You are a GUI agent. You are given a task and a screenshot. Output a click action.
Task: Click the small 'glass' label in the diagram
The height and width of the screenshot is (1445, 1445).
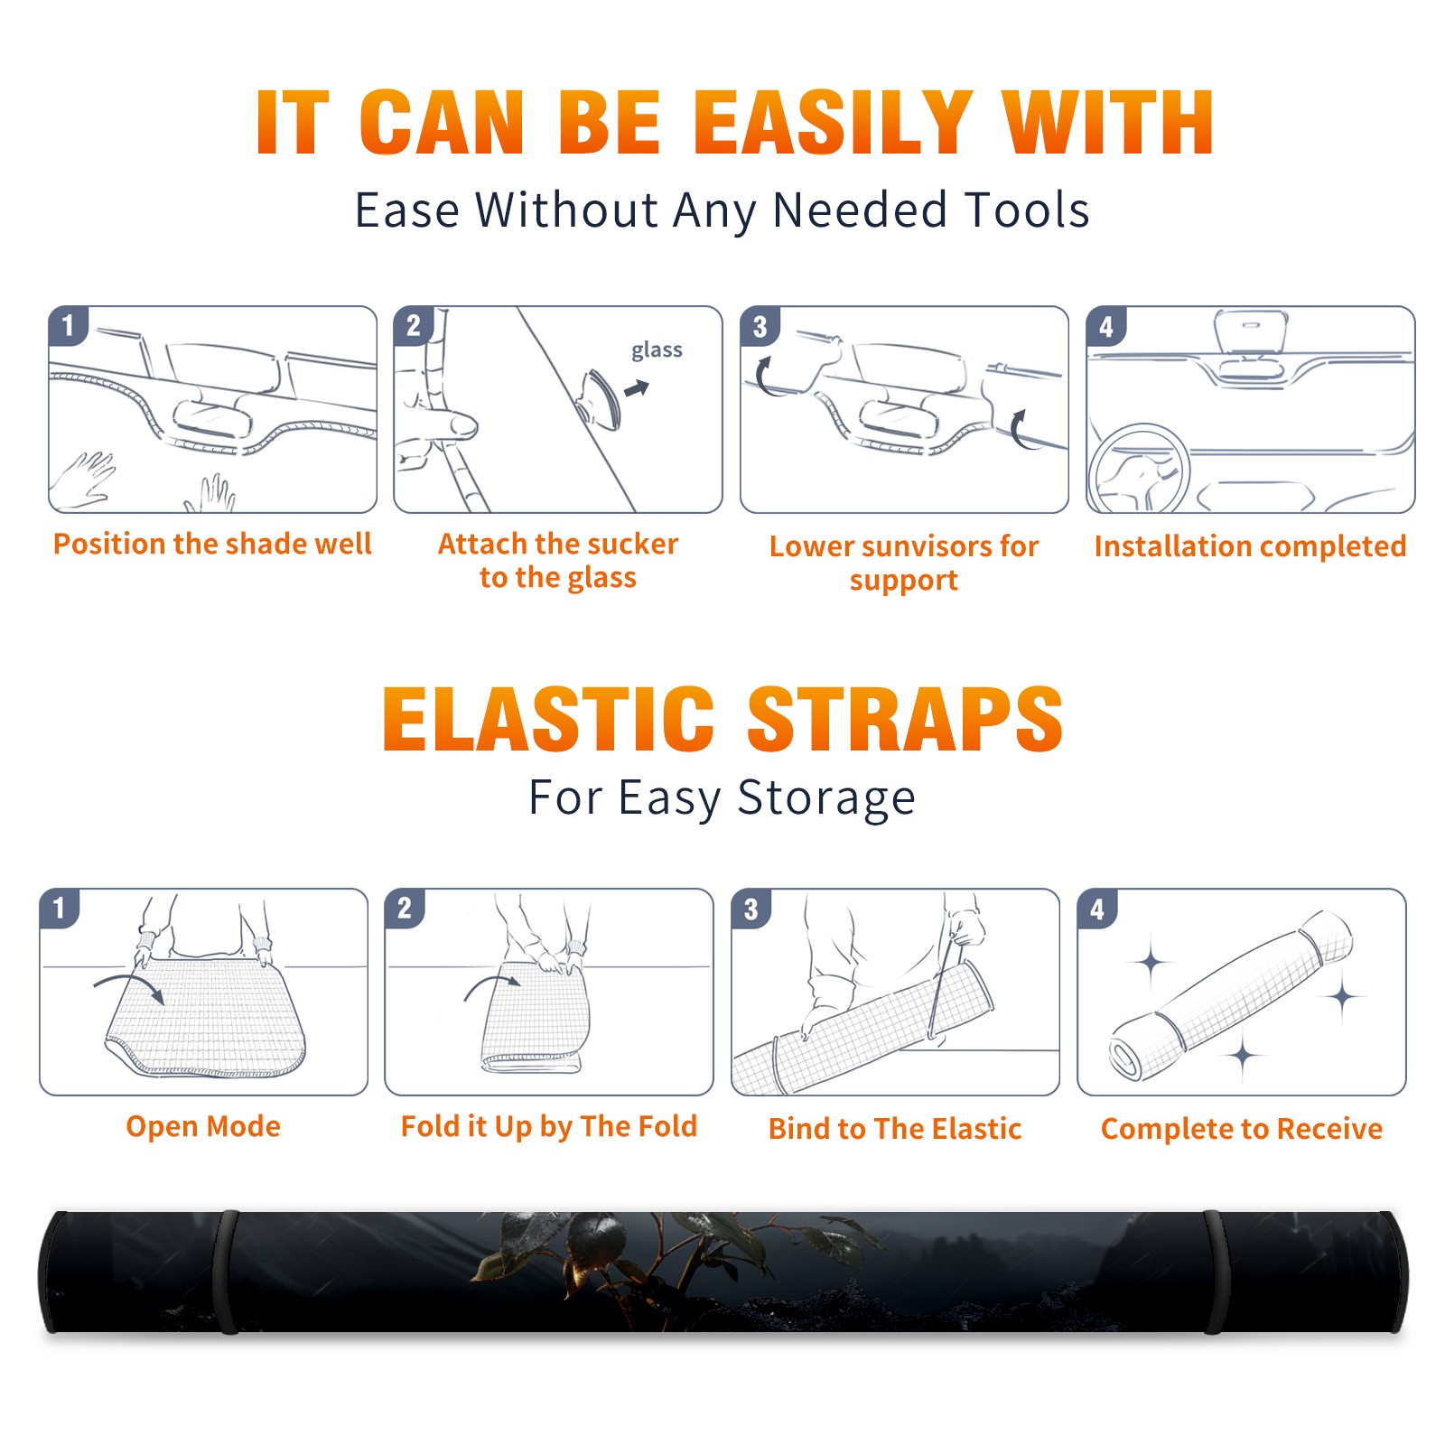pyautogui.click(x=657, y=350)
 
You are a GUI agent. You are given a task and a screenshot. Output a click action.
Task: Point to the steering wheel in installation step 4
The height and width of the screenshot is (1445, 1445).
pyautogui.click(x=1138, y=470)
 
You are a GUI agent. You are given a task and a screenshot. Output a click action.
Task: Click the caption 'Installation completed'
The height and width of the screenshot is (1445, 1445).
pyautogui.click(x=1250, y=545)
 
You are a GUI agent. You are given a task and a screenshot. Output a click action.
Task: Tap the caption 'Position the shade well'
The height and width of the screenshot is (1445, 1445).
pyautogui.click(x=212, y=544)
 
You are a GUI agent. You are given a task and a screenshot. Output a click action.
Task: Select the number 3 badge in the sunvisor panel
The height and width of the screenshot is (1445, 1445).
pyautogui.click(x=760, y=326)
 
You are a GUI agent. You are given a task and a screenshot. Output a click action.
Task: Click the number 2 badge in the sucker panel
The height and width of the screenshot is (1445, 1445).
pyautogui.click(x=414, y=326)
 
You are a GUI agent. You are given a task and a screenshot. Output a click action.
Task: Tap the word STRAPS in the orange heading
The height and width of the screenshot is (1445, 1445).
pyautogui.click(x=905, y=719)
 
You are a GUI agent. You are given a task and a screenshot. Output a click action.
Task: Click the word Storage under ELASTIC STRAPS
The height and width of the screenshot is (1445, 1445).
pyautogui.click(x=826, y=798)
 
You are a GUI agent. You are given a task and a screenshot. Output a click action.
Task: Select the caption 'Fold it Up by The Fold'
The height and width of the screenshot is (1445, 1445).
pyautogui.click(x=549, y=1126)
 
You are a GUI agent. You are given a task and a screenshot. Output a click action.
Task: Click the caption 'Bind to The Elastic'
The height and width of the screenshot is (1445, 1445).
pyautogui.click(x=895, y=1128)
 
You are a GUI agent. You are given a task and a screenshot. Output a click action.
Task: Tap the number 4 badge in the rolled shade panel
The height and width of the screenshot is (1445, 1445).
pyautogui.click(x=1097, y=909)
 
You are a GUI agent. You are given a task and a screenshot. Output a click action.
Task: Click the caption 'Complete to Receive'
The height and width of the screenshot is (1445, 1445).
pyautogui.click(x=1242, y=1128)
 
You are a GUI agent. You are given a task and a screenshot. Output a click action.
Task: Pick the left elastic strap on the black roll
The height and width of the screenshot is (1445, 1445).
pyautogui.click(x=228, y=1272)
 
